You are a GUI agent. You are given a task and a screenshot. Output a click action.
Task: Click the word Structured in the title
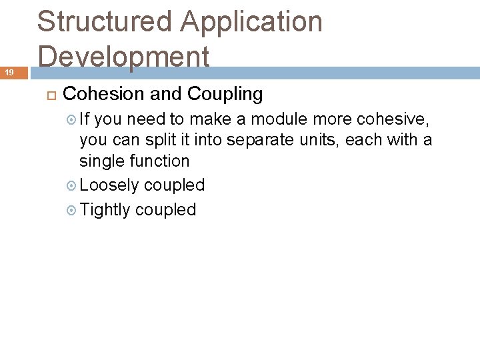coord(103,22)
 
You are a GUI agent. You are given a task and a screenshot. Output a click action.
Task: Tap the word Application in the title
coord(252,22)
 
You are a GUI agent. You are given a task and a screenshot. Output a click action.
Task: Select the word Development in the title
coord(124,57)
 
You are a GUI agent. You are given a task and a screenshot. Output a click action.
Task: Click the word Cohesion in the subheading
coord(104,94)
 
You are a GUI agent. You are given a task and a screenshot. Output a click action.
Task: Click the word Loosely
coord(109,185)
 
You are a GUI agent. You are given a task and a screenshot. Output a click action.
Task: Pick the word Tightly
coord(105,210)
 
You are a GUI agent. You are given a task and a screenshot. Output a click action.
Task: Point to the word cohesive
coord(394,119)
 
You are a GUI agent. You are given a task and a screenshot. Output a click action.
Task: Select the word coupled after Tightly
coord(165,210)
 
